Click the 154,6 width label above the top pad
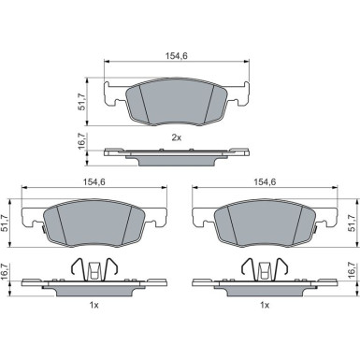click(x=177, y=56)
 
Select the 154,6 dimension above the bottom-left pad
click(x=94, y=182)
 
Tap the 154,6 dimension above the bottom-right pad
click(x=265, y=182)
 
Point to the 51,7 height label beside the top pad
click(x=81, y=103)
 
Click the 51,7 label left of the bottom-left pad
click(x=6, y=223)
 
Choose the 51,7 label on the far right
click(x=352, y=223)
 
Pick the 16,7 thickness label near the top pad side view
click(x=81, y=141)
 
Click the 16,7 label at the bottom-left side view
click(x=6, y=270)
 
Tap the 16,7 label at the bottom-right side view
click(x=352, y=270)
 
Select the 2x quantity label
click(x=177, y=137)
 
